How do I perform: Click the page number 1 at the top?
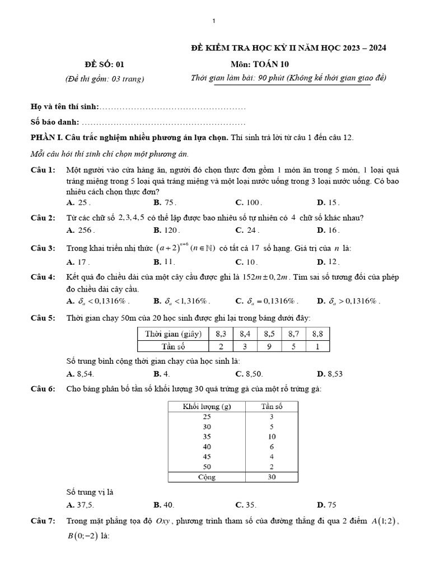click(x=214, y=21)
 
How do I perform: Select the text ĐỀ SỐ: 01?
click(x=103, y=64)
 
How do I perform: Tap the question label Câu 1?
click(x=43, y=170)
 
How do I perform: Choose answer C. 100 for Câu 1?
click(x=249, y=203)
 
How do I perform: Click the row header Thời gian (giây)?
click(x=173, y=334)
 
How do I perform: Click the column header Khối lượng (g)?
click(x=207, y=407)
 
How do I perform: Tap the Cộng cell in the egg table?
click(x=207, y=477)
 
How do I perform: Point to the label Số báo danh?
click(x=55, y=122)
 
